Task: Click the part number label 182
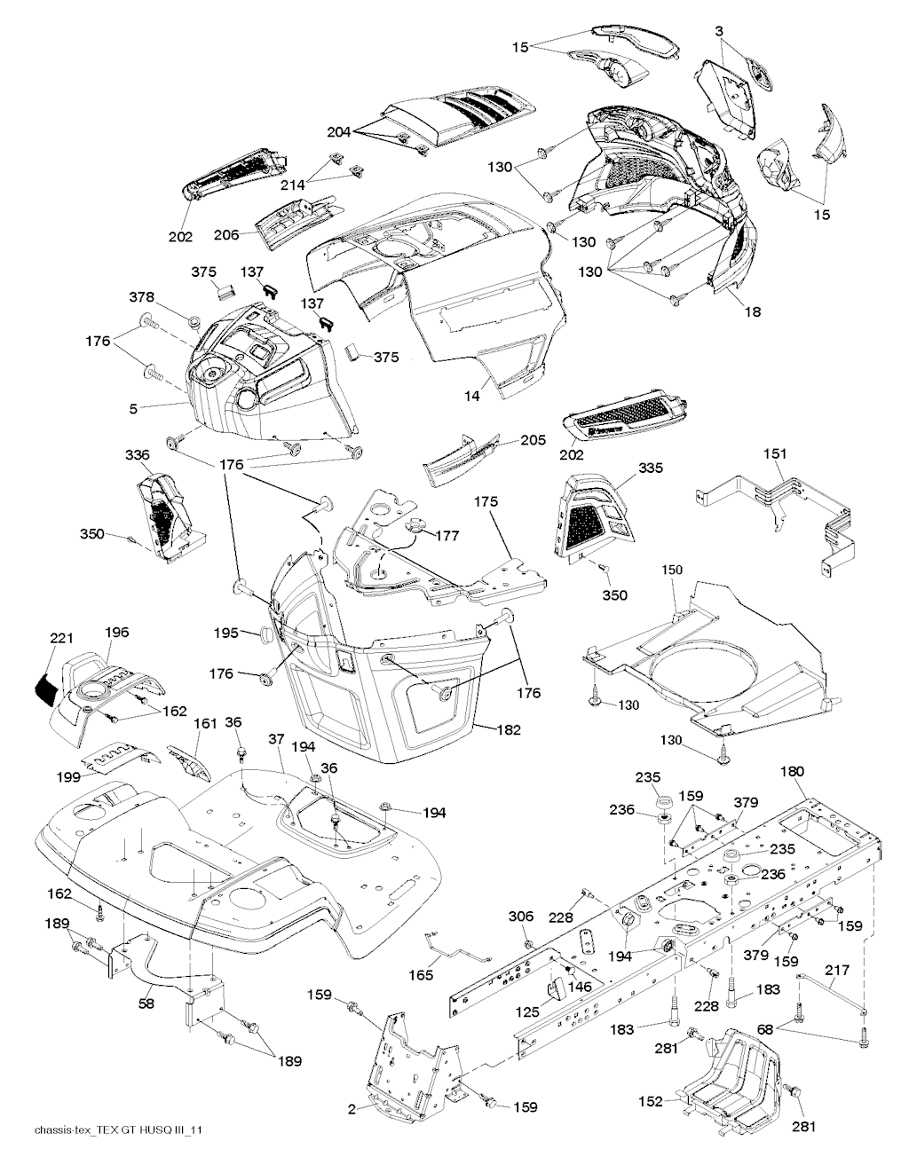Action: tap(509, 729)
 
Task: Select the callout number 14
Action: tap(471, 396)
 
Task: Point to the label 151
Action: tap(775, 453)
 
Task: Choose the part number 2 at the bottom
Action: tap(352, 1108)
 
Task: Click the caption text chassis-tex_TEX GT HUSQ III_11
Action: tap(111, 1129)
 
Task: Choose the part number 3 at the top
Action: tap(718, 31)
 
